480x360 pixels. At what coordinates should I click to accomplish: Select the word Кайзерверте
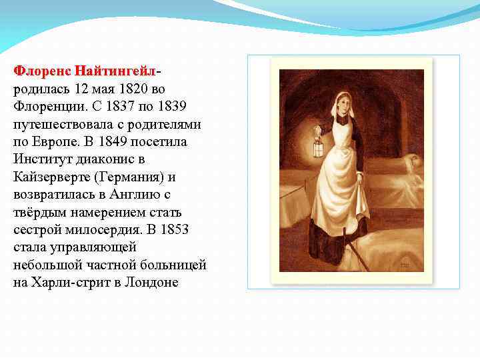(50, 177)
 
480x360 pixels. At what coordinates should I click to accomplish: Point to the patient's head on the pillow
(413, 160)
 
